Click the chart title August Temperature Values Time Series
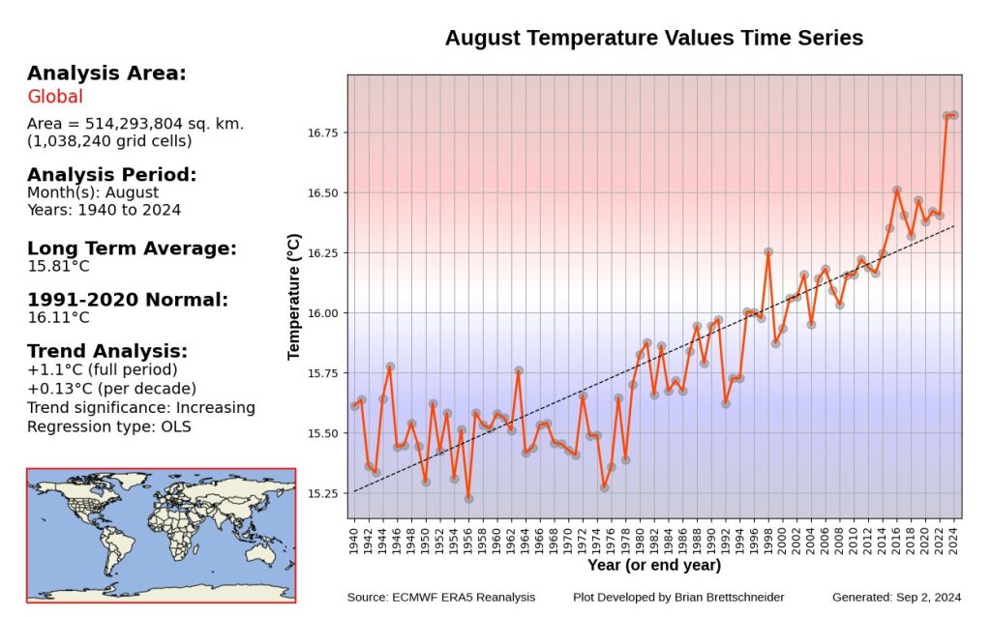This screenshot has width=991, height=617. coord(653,39)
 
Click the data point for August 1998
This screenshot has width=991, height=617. coord(768,251)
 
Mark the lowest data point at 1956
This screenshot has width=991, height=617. coord(468,498)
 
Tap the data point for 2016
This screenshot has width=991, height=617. coord(897,191)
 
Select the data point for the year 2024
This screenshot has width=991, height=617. coord(954,115)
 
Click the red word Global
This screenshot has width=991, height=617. coord(55,97)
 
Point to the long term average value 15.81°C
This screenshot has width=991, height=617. coord(58,266)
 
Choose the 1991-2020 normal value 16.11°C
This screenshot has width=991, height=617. coord(58,317)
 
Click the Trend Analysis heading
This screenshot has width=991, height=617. coord(107,351)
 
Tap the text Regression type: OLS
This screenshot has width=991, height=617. coord(109,426)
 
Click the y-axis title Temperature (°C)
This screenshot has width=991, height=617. coord(294,296)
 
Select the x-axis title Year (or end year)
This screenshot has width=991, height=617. coord(653,565)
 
